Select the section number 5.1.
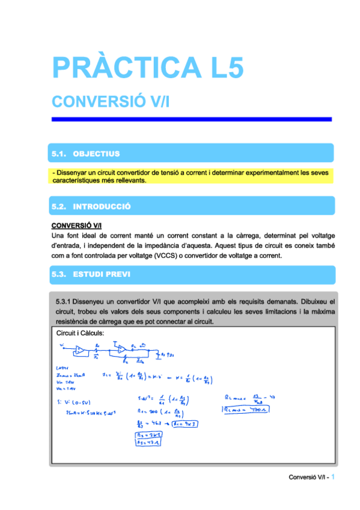59,154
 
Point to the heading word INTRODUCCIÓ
102,206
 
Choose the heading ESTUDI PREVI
100,274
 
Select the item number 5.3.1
64,300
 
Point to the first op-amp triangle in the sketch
80,349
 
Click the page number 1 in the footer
333,477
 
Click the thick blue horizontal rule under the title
191,119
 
